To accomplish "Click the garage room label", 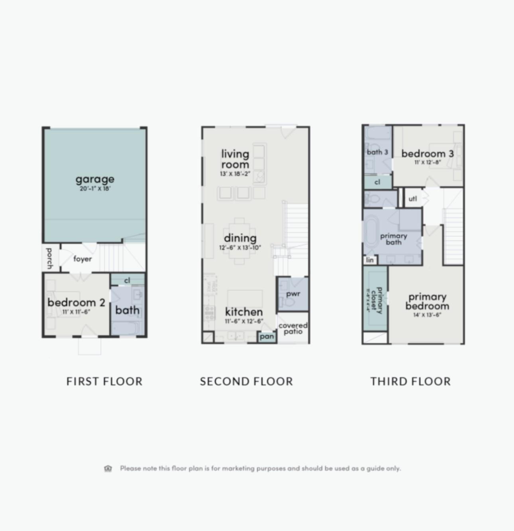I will pyautogui.click(x=95, y=179).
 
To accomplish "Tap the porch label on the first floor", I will pyautogui.click(x=49, y=258).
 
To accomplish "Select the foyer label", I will pyautogui.click(x=82, y=259).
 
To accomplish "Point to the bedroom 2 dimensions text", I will pyautogui.click(x=76, y=312).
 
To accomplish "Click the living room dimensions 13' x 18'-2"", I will pyautogui.click(x=235, y=174).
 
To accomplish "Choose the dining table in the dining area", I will pyautogui.click(x=239, y=241).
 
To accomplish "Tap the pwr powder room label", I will pyautogui.click(x=293, y=294).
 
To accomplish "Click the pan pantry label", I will pyautogui.click(x=267, y=336).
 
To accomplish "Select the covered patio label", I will pyautogui.click(x=293, y=328).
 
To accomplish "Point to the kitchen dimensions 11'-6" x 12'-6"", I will pyautogui.click(x=244, y=321).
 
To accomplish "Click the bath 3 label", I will pyautogui.click(x=377, y=152).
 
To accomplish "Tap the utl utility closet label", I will pyautogui.click(x=413, y=198).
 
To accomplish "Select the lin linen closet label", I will pyautogui.click(x=370, y=260).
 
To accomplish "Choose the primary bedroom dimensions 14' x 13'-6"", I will pyautogui.click(x=427, y=315).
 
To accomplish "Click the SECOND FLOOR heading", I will pyautogui.click(x=246, y=382).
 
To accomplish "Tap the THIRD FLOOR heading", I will pyautogui.click(x=410, y=382).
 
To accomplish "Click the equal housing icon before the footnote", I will pyautogui.click(x=108, y=468).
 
